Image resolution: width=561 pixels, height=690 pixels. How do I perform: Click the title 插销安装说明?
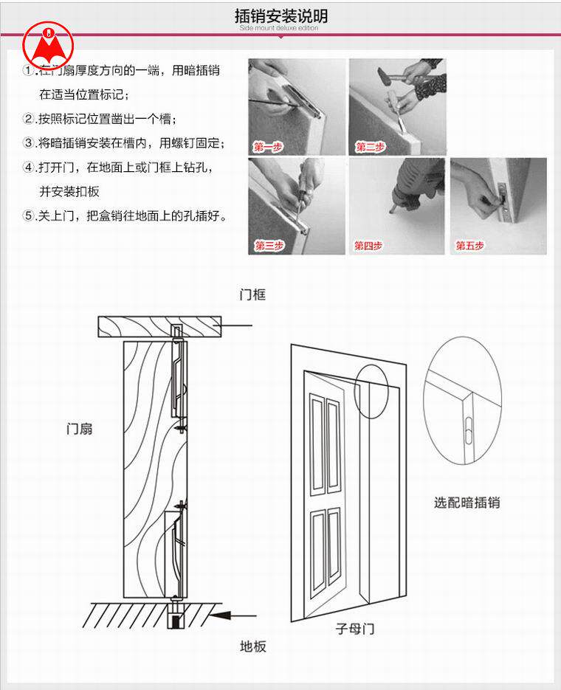click(x=281, y=16)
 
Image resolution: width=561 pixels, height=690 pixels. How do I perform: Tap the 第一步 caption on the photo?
click(x=268, y=147)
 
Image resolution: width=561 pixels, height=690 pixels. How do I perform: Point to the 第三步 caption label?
click(x=269, y=245)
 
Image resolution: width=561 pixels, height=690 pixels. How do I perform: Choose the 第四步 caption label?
click(x=368, y=245)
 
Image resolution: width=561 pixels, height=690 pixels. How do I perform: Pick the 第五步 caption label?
click(x=469, y=245)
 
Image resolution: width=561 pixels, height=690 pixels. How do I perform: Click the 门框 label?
click(x=252, y=295)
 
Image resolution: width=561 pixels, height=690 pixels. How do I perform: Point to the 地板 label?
click(x=253, y=646)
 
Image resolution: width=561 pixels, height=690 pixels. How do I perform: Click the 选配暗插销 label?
click(x=467, y=503)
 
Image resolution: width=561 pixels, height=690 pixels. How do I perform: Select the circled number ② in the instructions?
click(x=29, y=119)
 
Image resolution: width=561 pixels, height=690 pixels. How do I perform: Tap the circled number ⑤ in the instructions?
click(x=29, y=216)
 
